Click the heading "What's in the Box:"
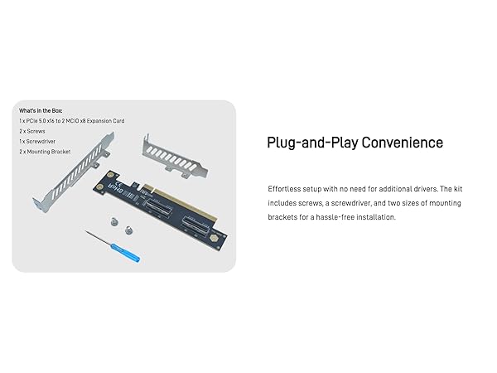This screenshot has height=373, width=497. pos(41,110)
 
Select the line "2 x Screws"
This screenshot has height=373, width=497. pos(32,131)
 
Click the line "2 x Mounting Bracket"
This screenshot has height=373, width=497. pos(45,153)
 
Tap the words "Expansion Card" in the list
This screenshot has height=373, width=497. pos(107,121)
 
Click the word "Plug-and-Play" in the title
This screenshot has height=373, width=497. pos(304,143)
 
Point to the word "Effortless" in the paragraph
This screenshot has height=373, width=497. pos(283,188)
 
